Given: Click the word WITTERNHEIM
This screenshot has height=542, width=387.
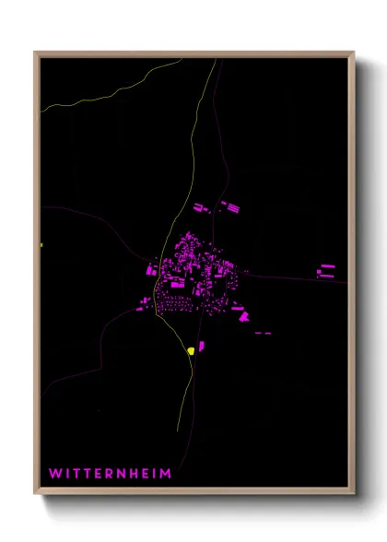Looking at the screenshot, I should [110, 473].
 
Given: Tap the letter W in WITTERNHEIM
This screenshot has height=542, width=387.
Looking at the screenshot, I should [54, 473].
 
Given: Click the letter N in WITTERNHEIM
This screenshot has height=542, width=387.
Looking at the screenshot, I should [122, 473].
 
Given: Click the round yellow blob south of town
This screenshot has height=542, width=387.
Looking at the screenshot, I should [191, 350].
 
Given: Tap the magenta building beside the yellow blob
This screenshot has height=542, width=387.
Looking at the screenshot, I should [202, 347].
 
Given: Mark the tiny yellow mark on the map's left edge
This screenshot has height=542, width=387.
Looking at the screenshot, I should [42, 245].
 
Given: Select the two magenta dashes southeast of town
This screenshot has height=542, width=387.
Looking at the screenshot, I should [264, 332].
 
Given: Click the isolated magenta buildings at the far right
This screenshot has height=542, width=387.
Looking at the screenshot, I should [326, 270].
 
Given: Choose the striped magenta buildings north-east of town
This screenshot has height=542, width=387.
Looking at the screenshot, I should [229, 206].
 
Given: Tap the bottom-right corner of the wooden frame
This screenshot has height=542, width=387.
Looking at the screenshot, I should [354, 495].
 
